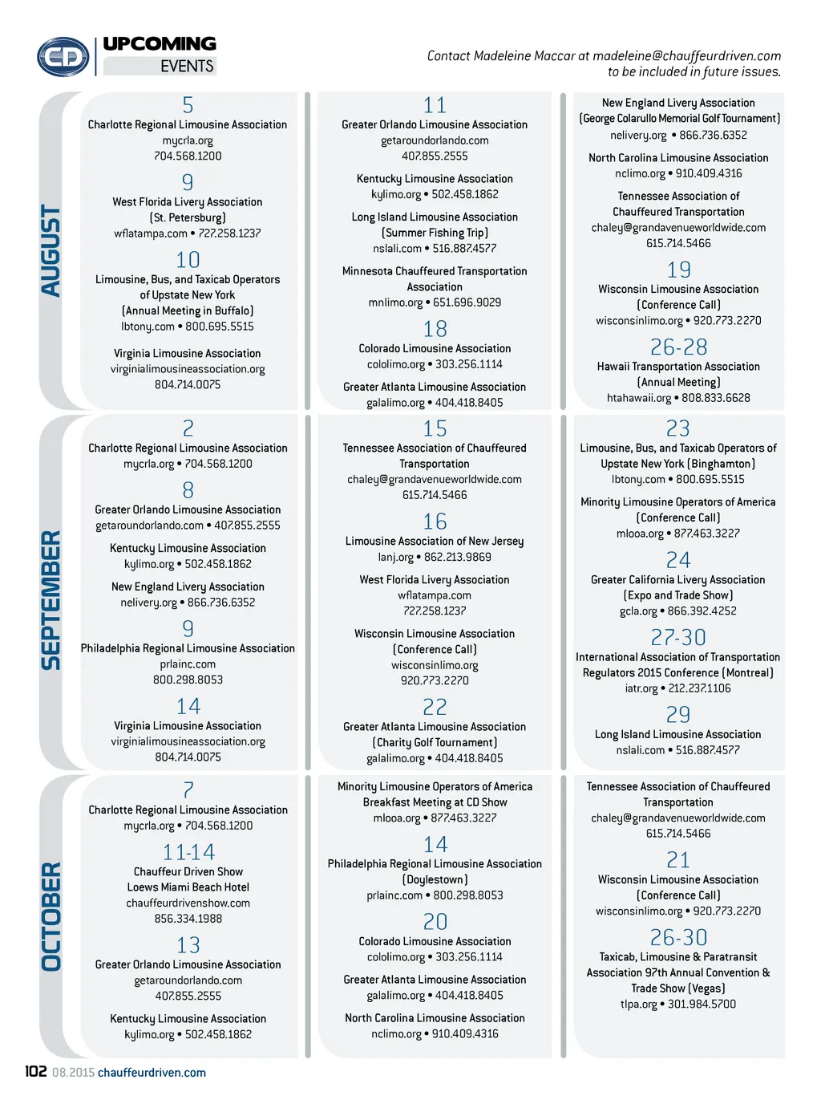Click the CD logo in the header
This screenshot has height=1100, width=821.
[x=63, y=57]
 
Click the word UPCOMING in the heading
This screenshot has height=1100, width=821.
[x=160, y=44]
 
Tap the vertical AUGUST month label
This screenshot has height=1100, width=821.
[x=51, y=251]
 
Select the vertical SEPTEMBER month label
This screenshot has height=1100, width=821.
[x=51, y=599]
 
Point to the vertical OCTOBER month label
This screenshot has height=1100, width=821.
[x=51, y=916]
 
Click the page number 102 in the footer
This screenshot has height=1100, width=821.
[x=35, y=1072]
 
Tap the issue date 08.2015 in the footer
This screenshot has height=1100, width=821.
[x=73, y=1073]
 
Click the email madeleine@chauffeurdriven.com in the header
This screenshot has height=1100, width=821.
[x=686, y=56]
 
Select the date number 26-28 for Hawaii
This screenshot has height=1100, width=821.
[x=678, y=347]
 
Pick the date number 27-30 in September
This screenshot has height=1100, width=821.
[x=678, y=638]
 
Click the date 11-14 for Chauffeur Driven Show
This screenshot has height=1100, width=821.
[x=188, y=852]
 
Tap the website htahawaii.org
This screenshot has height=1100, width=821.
[x=639, y=398]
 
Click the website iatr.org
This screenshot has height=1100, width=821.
[x=641, y=688]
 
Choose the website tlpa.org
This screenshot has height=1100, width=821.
[x=638, y=1005]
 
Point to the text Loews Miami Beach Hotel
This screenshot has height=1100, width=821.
[x=188, y=887]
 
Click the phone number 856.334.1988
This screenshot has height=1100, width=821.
[x=188, y=919]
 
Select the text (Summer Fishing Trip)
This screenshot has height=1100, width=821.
[x=435, y=233]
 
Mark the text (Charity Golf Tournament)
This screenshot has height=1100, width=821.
[x=435, y=743]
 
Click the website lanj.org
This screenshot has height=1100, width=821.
[x=396, y=558]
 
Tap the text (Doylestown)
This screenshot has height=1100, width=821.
[x=435, y=880]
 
